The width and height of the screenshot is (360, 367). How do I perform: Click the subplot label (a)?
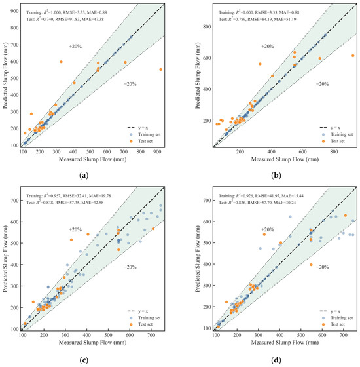tap(84, 176)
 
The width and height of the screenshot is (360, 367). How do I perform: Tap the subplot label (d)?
tap(276, 360)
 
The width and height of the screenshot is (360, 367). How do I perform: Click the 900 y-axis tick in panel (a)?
tap(14, 11)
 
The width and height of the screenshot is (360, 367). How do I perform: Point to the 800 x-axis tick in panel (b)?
tap(334, 151)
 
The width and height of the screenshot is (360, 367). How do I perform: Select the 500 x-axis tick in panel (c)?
tap(108, 335)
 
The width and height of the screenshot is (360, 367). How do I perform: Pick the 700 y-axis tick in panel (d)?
tap(207, 201)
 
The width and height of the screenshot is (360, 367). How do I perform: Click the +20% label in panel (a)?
tap(75, 47)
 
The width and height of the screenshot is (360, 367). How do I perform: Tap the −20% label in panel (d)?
tap(322, 267)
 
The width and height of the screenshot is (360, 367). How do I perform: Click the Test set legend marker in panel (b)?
tap(323, 141)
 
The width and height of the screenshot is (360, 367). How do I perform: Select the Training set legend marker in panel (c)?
tap(131, 318)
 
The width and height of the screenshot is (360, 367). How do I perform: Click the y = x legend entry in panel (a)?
tap(137, 128)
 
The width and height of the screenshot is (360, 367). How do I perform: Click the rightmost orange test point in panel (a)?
tap(160, 69)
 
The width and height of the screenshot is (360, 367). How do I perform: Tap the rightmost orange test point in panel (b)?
tap(353, 56)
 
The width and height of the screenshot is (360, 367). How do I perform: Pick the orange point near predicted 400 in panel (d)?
tap(311, 265)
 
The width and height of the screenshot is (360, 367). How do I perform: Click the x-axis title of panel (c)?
tap(92, 343)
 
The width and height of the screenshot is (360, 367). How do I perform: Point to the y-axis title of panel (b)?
tap(198, 75)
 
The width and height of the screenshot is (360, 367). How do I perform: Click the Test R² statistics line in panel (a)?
tap(65, 19)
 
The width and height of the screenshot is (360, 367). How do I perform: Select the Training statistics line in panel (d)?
tap(261, 196)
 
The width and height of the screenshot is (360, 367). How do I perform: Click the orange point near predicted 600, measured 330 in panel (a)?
tap(62, 62)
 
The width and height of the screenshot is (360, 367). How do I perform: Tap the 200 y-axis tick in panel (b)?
tap(207, 121)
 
